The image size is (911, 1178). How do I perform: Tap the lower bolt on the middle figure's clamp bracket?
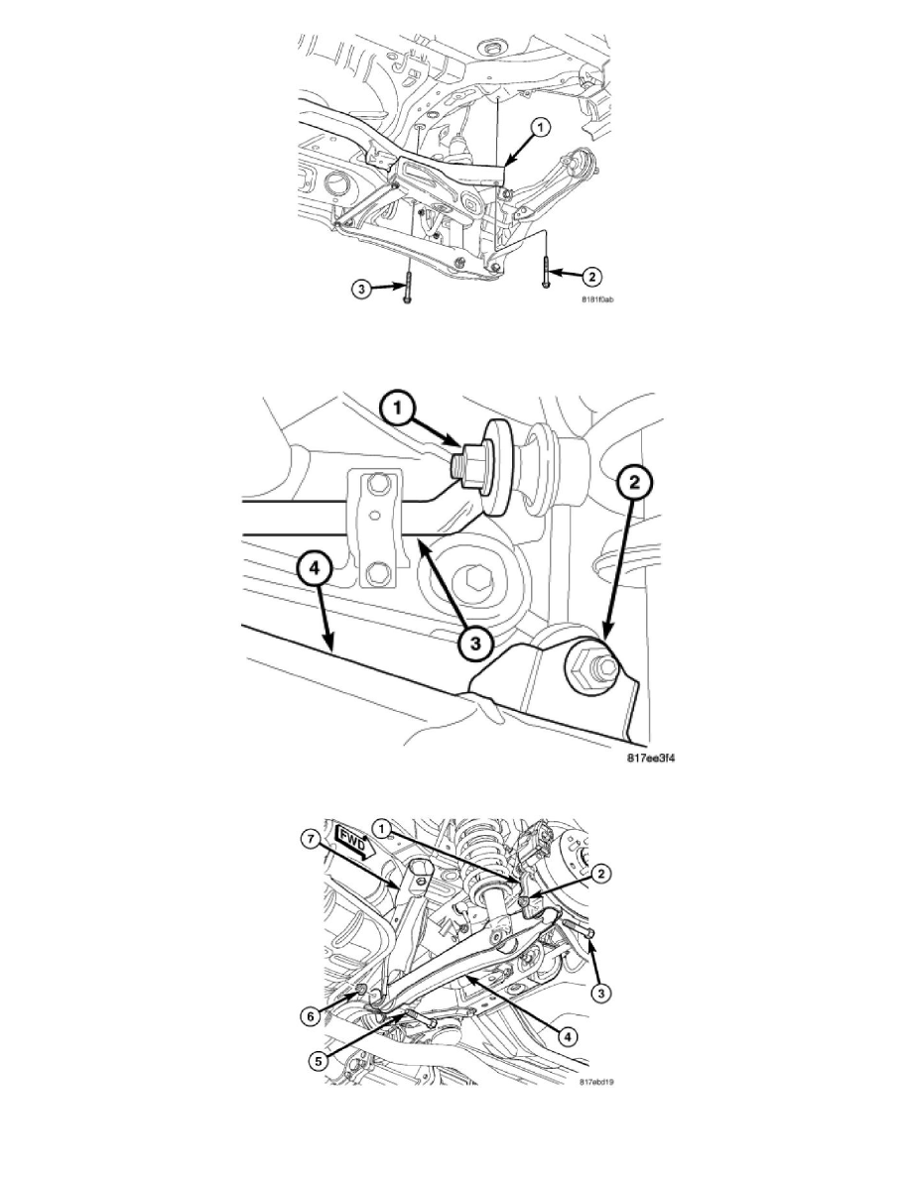tap(378, 574)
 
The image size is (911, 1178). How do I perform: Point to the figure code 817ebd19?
tap(598, 1083)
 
